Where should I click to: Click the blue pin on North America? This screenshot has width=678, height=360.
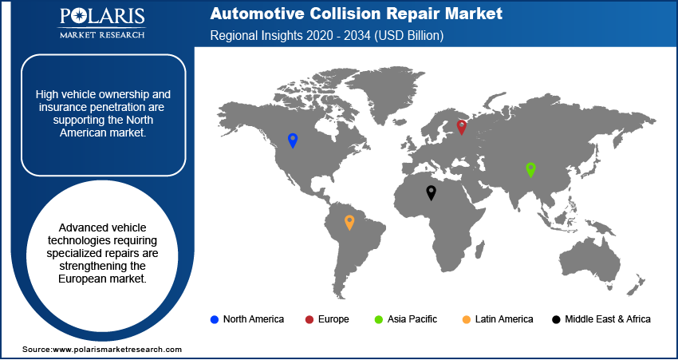293,140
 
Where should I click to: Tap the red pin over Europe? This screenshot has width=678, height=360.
461,126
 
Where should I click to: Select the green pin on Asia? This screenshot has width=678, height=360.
530,169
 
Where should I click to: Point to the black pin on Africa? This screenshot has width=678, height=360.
431,192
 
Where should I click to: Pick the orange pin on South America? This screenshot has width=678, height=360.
349,222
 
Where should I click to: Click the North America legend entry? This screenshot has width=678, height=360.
246,319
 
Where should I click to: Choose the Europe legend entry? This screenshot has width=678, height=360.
327,319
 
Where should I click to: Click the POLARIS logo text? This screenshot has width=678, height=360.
101,18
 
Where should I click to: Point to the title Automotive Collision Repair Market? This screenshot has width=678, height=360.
357,14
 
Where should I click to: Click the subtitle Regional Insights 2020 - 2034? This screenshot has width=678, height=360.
327,36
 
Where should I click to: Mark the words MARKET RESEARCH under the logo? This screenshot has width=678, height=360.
101,35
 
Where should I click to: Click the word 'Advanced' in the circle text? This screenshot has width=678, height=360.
72,206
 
